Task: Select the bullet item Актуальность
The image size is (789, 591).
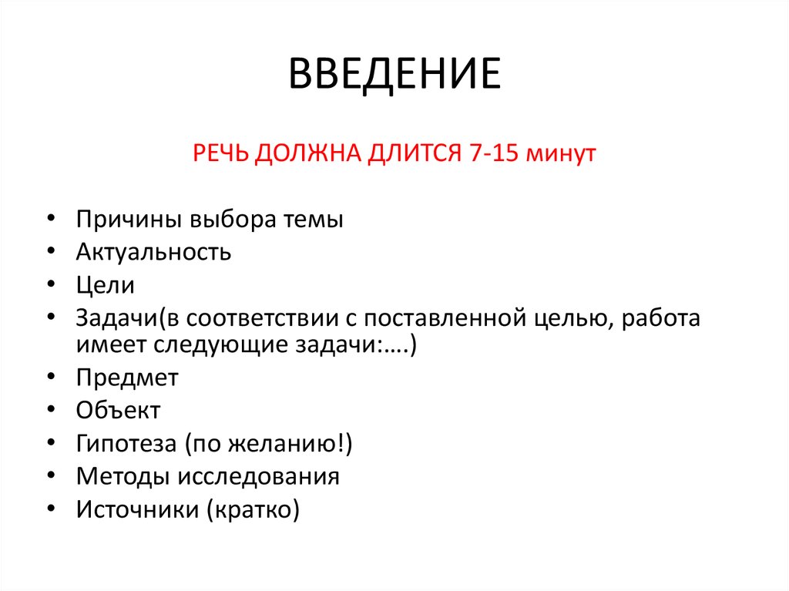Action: (153, 252)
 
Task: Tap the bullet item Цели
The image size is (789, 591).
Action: (105, 285)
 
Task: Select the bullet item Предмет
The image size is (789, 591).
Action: (127, 378)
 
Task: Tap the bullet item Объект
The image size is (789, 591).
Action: (118, 410)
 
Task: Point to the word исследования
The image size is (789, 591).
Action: (259, 476)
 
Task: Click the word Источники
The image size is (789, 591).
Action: (133, 509)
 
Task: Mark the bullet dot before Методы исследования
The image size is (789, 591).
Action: (50, 476)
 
